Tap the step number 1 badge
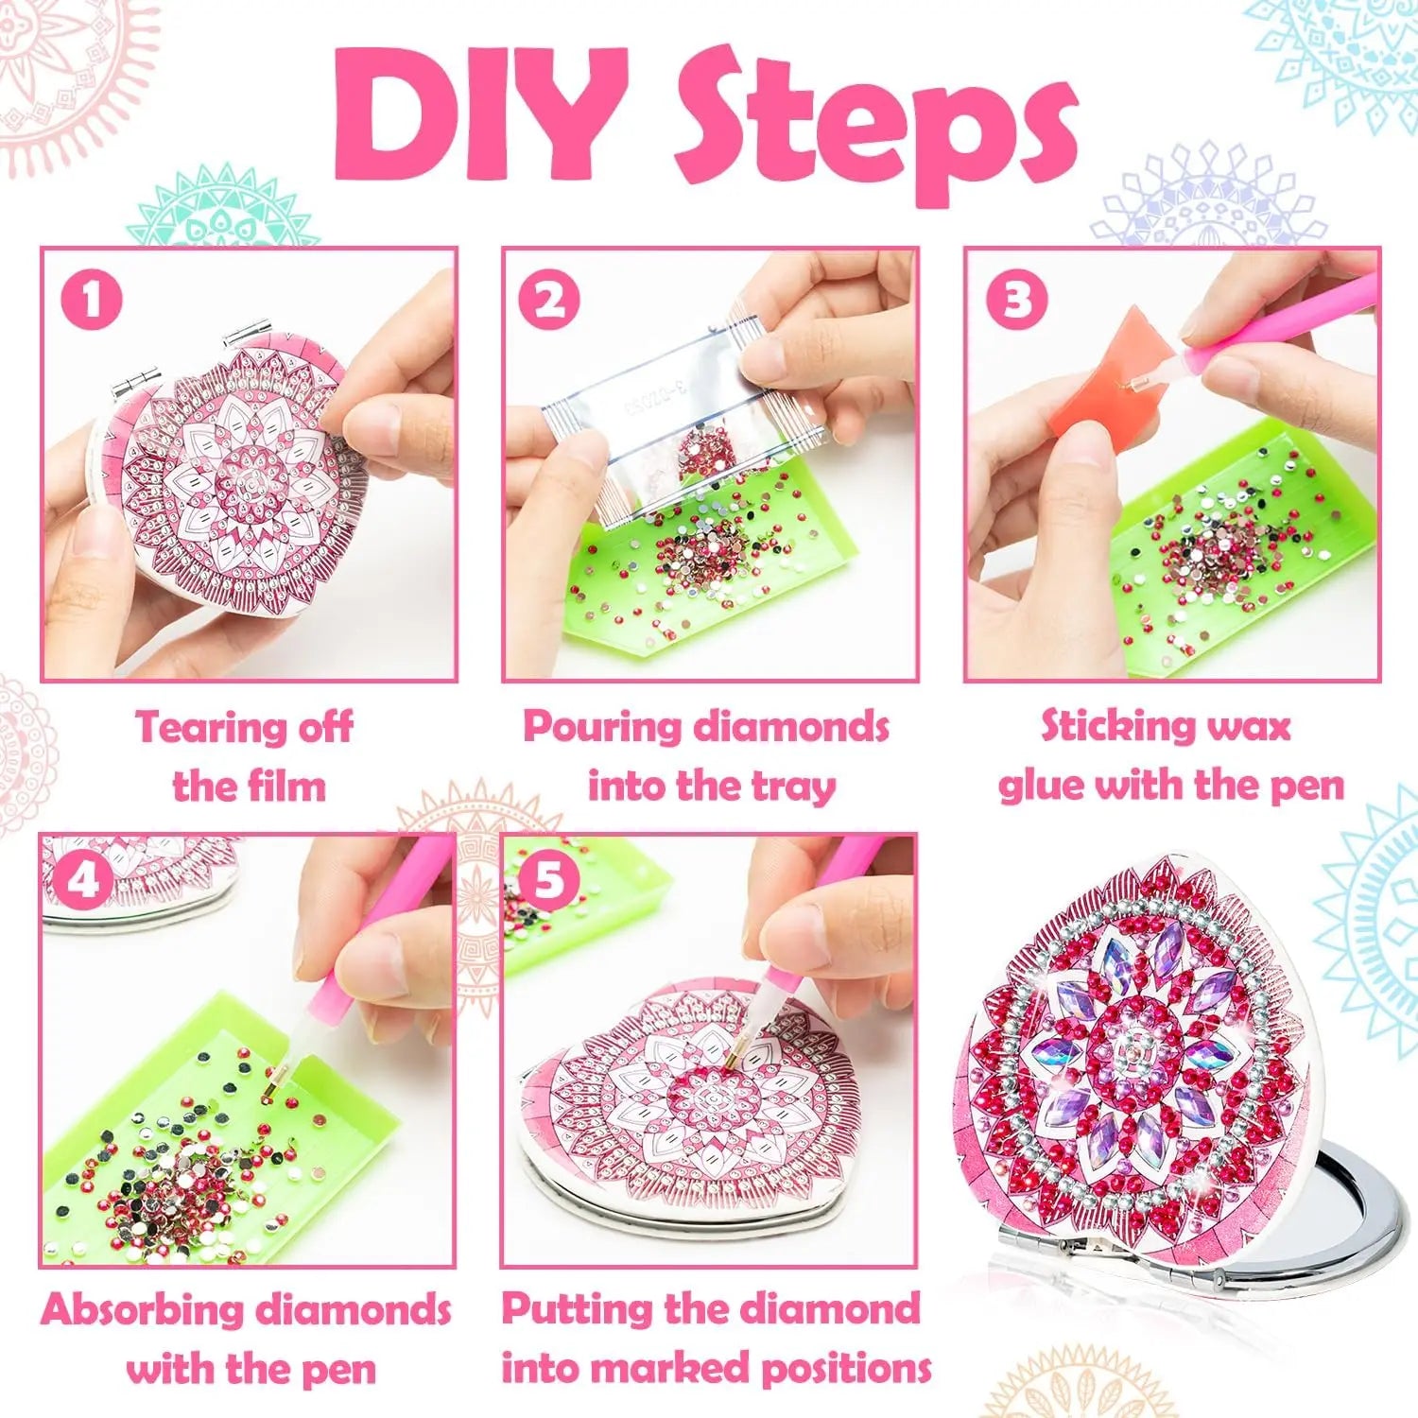(x=92, y=300)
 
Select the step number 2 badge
(x=549, y=300)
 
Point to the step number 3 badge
(x=1016, y=300)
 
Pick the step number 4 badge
(x=84, y=880)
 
